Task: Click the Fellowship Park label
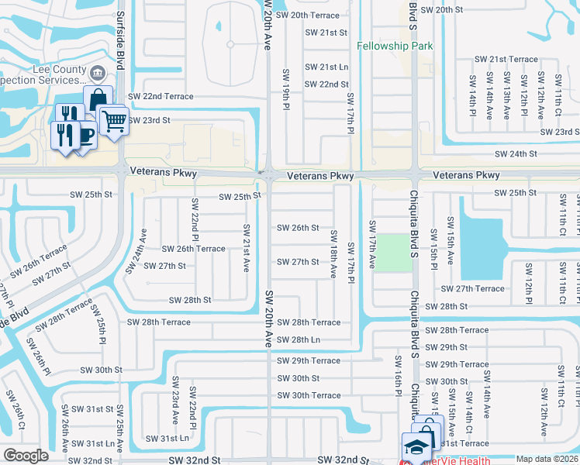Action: pos(395,46)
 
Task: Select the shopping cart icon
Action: pos(113,120)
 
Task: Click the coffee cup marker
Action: pos(85,133)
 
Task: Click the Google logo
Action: pos(26,456)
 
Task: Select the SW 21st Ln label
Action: pos(326,67)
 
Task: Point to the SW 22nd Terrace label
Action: pos(160,96)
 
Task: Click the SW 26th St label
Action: pos(298,228)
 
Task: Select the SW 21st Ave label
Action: pos(246,248)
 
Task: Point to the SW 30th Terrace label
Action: pos(309,395)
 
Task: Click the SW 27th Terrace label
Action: pos(473,288)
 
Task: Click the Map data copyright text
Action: pos(547,460)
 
